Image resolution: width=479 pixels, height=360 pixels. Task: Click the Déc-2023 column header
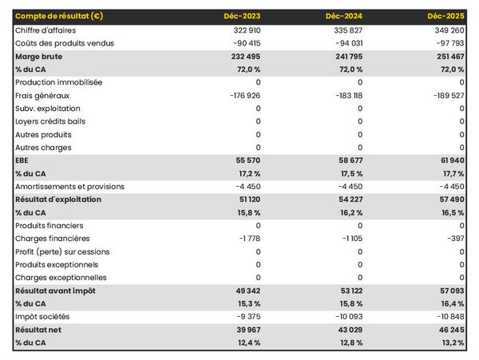[x=243, y=17]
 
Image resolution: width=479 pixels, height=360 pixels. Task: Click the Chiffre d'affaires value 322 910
[x=243, y=30]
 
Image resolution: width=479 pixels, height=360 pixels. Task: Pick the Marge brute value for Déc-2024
[x=346, y=57]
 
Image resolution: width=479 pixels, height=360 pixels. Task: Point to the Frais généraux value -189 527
[x=446, y=96]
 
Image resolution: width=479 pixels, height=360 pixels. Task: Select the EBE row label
[x=22, y=160]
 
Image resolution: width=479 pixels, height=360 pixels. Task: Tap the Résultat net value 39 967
[x=245, y=330]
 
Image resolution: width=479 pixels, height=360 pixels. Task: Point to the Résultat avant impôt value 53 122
[x=347, y=291]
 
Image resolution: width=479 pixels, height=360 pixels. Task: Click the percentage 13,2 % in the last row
[x=453, y=343]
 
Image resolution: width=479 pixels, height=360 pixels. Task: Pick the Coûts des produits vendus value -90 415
[x=243, y=43]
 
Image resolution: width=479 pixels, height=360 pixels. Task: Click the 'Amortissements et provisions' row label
[x=69, y=187]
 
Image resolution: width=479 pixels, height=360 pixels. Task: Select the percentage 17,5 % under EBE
[x=350, y=173]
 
